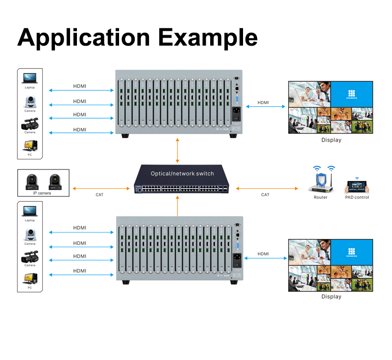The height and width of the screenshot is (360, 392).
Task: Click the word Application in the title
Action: [x=83, y=38]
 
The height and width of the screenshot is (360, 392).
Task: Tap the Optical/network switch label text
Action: [x=182, y=174]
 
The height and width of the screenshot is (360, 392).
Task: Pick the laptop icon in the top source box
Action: [x=30, y=78]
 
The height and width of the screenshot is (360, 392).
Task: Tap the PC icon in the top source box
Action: [x=30, y=146]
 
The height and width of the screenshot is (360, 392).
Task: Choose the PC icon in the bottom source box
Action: [x=30, y=279]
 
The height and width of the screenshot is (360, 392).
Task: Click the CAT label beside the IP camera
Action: [x=99, y=195]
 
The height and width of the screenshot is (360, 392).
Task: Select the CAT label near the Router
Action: [x=265, y=195]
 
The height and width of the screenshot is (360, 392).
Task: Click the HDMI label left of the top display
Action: [x=263, y=102]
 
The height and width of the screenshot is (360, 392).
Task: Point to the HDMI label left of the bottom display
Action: [x=263, y=254]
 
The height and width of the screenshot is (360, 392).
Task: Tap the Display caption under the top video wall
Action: [x=331, y=140]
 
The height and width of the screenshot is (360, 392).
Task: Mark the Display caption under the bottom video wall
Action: [x=331, y=296]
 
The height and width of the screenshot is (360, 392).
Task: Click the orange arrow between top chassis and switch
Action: [x=177, y=150]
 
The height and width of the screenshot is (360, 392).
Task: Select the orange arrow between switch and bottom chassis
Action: [x=177, y=205]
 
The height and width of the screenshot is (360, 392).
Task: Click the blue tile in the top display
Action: [x=351, y=94]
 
